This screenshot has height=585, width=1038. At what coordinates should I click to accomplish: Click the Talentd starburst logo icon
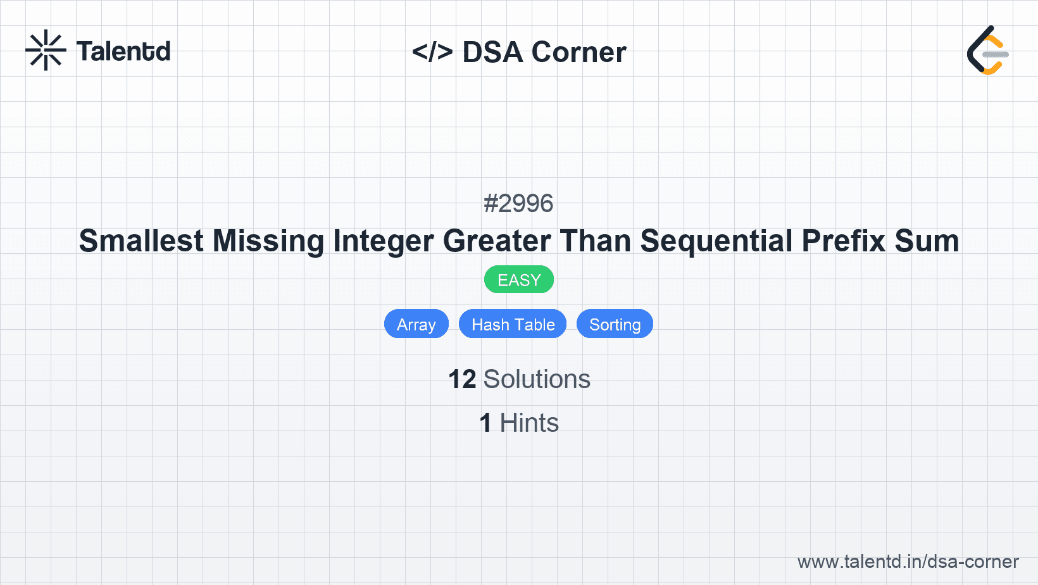(x=46, y=50)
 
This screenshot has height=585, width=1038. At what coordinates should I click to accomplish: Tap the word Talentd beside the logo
(x=123, y=51)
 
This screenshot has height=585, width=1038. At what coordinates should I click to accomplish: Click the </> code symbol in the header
(x=432, y=52)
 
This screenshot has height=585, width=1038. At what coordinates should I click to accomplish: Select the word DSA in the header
(x=492, y=52)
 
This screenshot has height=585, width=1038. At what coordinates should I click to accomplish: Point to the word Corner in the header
(x=578, y=52)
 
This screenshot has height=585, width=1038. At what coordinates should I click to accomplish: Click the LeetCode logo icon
(x=988, y=50)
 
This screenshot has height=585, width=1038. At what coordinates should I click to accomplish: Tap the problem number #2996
(x=518, y=203)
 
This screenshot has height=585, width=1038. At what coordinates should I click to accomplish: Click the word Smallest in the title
(x=141, y=241)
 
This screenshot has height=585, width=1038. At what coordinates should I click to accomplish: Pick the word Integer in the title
(x=384, y=241)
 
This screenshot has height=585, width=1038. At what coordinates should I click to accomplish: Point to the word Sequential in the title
(x=716, y=241)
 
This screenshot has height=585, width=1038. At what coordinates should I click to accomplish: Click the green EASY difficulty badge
(x=519, y=280)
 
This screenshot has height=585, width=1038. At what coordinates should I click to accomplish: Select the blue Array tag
(x=416, y=324)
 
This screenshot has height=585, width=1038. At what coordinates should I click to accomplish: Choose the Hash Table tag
(x=513, y=324)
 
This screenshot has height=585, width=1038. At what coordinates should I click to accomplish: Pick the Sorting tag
(x=615, y=324)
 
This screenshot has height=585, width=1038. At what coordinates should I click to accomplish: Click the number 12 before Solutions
(x=461, y=379)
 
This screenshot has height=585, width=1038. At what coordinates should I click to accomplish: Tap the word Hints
(x=529, y=423)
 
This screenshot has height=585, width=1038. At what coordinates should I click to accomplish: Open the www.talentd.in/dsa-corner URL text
(x=908, y=562)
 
